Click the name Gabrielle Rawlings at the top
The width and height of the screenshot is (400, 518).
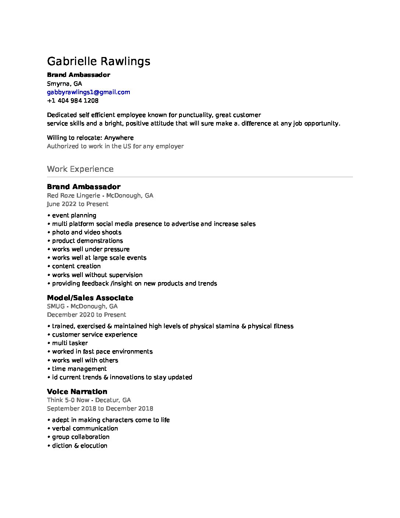(99, 61)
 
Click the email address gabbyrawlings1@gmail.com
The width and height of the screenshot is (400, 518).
(88, 92)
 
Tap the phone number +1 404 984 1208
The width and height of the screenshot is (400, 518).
(72, 100)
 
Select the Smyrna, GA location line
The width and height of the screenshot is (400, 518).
(64, 84)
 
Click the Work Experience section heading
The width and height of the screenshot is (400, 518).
(80, 169)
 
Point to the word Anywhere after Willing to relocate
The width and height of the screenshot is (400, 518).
(119, 138)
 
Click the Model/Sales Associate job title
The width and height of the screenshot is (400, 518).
(90, 298)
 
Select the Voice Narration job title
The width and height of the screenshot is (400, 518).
(77, 391)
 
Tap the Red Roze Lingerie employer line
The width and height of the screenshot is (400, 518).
(100, 195)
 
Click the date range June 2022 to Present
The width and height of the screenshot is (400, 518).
(78, 204)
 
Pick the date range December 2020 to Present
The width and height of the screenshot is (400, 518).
(86, 315)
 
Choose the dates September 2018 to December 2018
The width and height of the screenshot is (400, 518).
(100, 408)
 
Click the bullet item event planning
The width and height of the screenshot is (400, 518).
(74, 215)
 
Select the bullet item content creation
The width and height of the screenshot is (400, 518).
(76, 266)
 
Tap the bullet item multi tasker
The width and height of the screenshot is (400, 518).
(70, 343)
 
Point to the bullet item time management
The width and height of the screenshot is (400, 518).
(79, 369)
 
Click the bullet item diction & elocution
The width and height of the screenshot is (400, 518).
(79, 446)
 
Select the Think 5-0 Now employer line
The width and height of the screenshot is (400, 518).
(89, 400)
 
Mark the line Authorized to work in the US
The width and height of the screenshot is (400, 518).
(115, 146)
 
